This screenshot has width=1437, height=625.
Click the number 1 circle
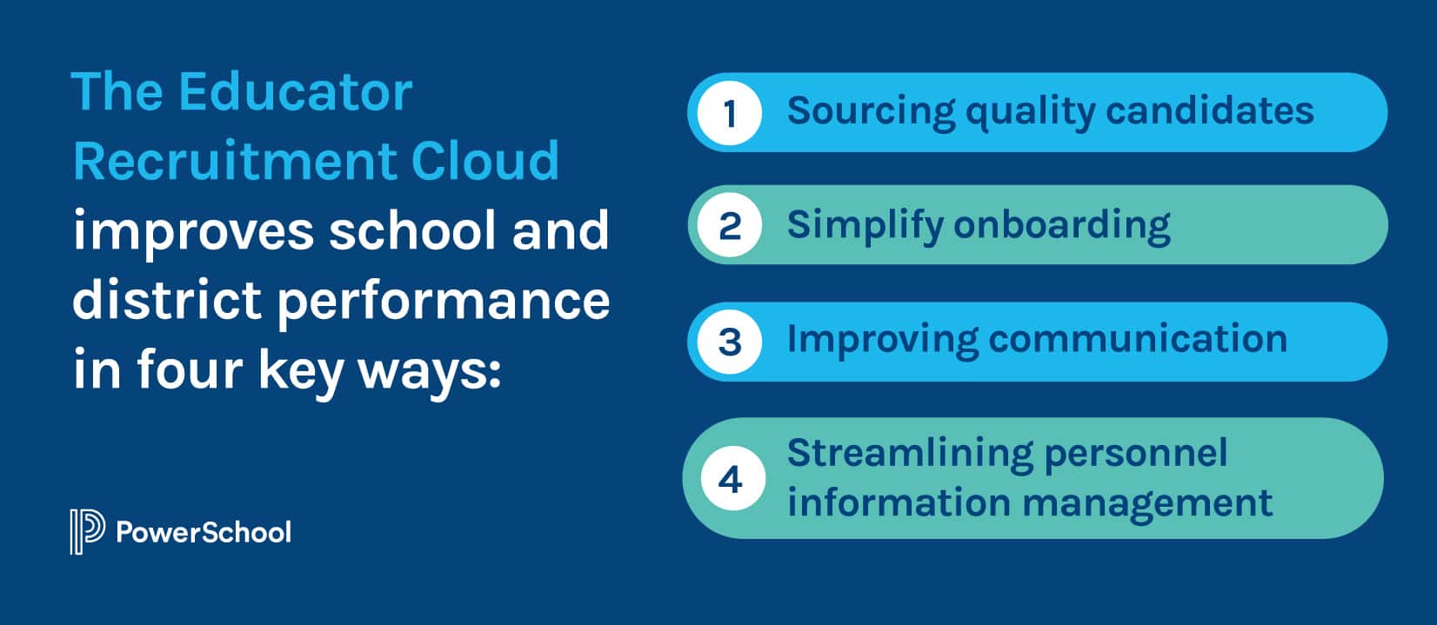pos(730,112)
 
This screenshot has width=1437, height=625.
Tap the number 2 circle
pos(730,226)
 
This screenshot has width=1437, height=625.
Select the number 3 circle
pos(730,341)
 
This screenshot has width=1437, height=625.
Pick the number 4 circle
pos(730,479)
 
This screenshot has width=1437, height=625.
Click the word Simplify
pos(865,225)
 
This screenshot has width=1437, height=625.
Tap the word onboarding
pos(1062,225)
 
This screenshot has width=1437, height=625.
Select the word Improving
pos(881,339)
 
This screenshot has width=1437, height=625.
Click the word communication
pos(1138,338)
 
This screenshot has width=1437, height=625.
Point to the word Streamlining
pos(909,453)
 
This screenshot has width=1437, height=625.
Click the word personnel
pos(1135,453)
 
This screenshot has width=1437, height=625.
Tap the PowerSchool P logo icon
pos(86,531)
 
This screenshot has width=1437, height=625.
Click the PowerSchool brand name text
pos(204,532)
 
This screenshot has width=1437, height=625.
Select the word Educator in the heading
pos(296,91)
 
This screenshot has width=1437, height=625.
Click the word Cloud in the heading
pos(485,161)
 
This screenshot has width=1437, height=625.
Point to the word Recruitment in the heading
pos(234,161)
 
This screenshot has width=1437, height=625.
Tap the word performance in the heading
pos(444,302)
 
